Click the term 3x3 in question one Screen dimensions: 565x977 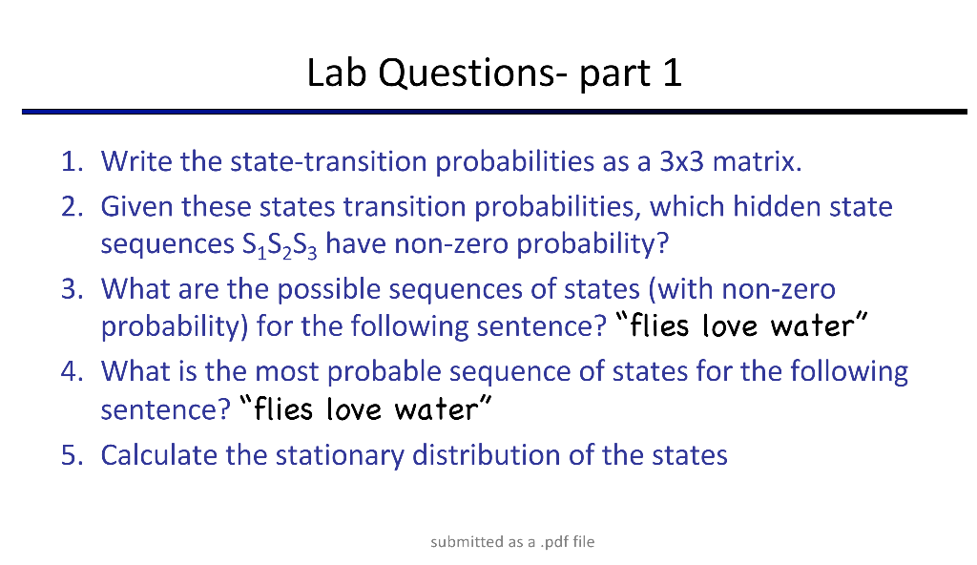[681, 161]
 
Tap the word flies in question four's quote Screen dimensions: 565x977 [284, 409]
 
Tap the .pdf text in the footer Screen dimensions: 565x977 [555, 542]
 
